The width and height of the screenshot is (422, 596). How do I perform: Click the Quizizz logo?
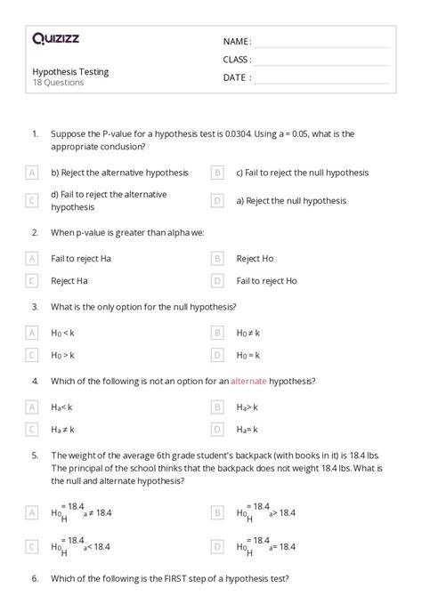[55, 38]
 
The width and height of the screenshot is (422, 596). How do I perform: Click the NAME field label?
[237, 42]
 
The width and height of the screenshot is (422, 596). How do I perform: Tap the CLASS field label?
[237, 60]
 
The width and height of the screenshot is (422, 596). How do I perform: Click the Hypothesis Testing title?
[70, 71]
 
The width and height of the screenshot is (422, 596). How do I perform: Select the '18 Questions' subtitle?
[58, 83]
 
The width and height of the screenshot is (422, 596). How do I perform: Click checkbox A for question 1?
[32, 173]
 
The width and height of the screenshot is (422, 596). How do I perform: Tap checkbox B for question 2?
[217, 258]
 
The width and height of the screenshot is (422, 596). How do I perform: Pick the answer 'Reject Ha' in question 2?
[69, 280]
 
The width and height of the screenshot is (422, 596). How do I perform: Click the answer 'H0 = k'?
[248, 355]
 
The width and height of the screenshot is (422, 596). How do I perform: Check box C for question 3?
[32, 355]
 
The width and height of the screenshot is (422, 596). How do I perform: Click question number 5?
[35, 456]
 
